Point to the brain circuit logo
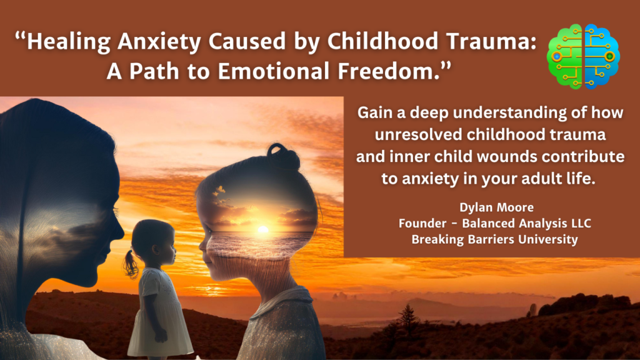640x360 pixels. tap(582, 56)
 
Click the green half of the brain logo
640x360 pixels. tap(566, 56)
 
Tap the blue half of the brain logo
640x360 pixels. tap(599, 56)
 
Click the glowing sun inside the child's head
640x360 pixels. tap(262, 230)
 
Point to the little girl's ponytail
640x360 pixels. tap(130, 264)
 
